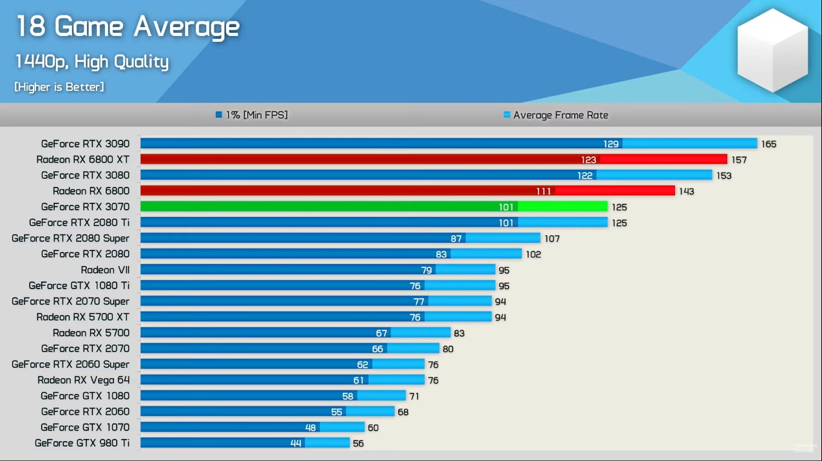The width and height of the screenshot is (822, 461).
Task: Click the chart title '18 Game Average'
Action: [x=128, y=27]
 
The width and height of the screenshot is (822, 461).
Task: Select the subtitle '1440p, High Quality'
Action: [x=91, y=62]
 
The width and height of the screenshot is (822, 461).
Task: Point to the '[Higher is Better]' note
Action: [x=59, y=87]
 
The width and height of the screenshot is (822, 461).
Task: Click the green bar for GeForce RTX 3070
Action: [x=374, y=207]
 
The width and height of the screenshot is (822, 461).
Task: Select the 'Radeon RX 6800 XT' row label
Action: [x=82, y=160]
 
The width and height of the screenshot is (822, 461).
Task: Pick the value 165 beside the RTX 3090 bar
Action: [x=769, y=144]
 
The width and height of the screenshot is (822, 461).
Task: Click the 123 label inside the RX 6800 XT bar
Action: [x=589, y=160]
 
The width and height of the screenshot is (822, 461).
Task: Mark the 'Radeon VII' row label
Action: [x=105, y=270]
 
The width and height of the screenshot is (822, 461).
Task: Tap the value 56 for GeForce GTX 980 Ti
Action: [x=358, y=443]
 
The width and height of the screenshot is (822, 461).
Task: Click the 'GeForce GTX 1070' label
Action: [x=85, y=428]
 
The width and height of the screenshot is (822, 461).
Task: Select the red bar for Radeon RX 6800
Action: [x=407, y=191]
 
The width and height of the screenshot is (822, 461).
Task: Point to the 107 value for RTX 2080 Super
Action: [x=552, y=239]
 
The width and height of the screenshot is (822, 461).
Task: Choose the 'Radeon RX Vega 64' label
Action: [x=83, y=380]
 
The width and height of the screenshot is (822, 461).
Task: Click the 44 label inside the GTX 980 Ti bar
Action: [x=296, y=443]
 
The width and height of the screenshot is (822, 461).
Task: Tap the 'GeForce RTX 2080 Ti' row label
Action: [x=79, y=223]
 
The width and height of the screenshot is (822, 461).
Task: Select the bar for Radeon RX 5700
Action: [x=295, y=333]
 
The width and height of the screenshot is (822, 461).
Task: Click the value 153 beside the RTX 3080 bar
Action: [x=723, y=176]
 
